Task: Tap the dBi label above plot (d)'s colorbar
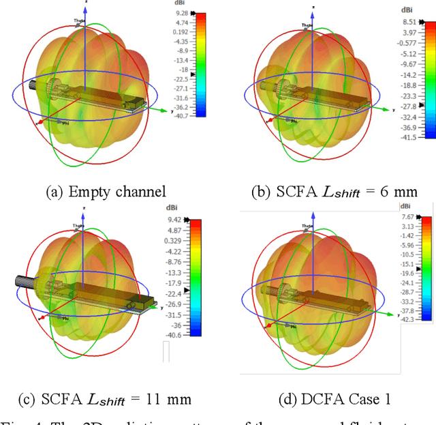point(407,205)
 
